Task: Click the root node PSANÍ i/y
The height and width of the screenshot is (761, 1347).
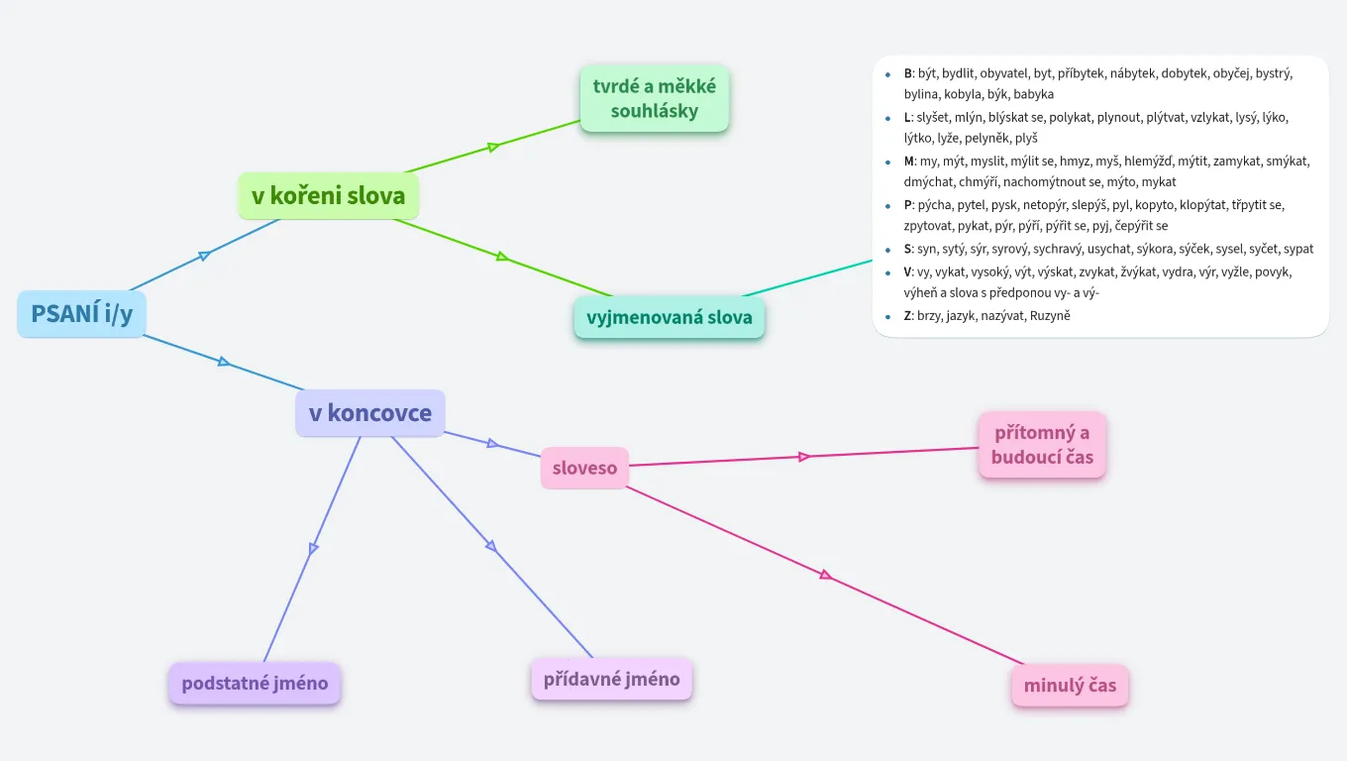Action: click(x=81, y=313)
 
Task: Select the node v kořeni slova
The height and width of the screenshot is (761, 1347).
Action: click(x=328, y=195)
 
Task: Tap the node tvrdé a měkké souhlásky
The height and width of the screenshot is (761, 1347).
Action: click(x=654, y=98)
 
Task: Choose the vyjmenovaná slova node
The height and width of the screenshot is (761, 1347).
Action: click(x=669, y=318)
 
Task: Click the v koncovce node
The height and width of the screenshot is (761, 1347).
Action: click(x=369, y=413)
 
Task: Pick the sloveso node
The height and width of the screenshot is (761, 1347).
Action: click(x=584, y=468)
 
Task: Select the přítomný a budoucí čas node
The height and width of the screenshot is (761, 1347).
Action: click(x=1041, y=445)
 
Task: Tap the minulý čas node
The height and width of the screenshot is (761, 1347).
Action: click(x=1070, y=685)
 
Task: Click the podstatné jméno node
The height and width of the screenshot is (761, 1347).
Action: click(x=255, y=683)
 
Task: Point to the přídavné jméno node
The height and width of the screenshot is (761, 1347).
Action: click(x=611, y=679)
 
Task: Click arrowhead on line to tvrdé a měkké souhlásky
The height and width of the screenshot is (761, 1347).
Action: click(x=493, y=148)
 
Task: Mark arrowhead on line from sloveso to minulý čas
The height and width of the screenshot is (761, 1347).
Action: click(x=825, y=575)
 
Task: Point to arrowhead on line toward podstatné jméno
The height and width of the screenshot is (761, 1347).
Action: click(x=314, y=548)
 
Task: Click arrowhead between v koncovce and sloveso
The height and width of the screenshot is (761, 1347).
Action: click(x=493, y=443)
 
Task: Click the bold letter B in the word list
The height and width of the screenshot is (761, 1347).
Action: click(x=908, y=73)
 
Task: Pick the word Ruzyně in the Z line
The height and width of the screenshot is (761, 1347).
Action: click(x=1050, y=316)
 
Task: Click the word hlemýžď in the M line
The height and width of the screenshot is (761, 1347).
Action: click(x=1150, y=161)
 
